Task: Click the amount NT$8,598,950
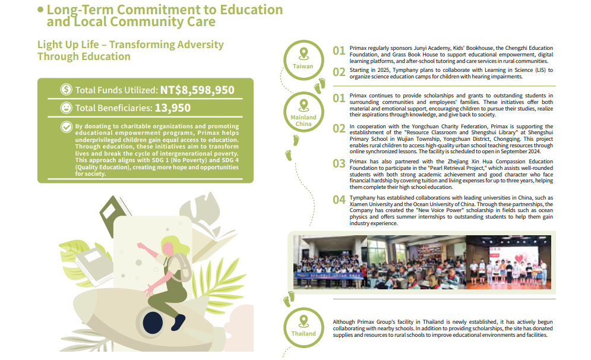click(x=197, y=90)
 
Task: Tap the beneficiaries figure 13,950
click(x=173, y=108)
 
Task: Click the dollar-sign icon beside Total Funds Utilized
click(x=67, y=90)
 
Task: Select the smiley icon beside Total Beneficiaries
click(x=67, y=108)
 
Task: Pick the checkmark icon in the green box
click(x=67, y=127)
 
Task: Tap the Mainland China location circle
click(x=304, y=113)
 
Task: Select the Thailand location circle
click(x=304, y=326)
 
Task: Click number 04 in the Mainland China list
click(x=339, y=200)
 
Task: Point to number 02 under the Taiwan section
click(x=339, y=72)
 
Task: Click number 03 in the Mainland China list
click(x=339, y=164)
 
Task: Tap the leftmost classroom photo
click(x=330, y=262)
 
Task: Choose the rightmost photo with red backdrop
click(x=508, y=262)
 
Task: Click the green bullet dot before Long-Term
click(x=40, y=10)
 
